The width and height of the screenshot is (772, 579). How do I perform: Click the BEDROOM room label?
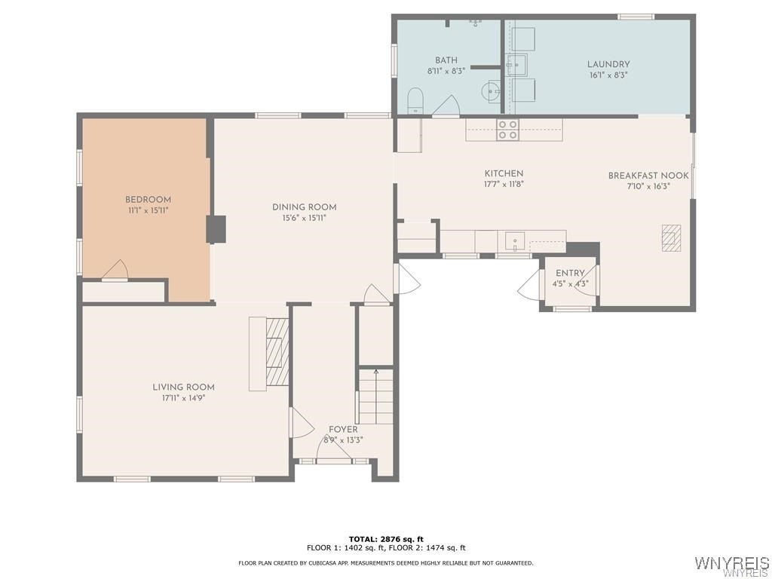(148, 200)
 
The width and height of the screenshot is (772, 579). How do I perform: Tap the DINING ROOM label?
(304, 207)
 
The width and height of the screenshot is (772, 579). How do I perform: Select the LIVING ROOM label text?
(183, 387)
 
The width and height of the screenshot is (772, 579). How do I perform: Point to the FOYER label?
(343, 430)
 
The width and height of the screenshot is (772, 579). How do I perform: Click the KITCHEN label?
(504, 173)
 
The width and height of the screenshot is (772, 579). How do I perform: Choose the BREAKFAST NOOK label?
(648, 176)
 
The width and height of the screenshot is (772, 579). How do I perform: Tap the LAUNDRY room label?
(608, 64)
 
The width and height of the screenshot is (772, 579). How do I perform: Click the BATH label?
(446, 60)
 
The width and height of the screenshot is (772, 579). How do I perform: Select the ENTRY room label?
(570, 273)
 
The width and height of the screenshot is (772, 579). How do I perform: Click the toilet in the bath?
(415, 100)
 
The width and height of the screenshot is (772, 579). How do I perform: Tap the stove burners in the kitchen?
(507, 130)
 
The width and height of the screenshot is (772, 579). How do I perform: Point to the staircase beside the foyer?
(375, 397)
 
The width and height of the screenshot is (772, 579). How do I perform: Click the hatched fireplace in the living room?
(277, 353)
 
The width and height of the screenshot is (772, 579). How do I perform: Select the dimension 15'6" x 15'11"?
(304, 218)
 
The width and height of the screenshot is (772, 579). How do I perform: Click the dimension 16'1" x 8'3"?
(608, 75)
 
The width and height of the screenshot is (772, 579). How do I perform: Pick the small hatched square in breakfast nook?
(671, 237)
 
